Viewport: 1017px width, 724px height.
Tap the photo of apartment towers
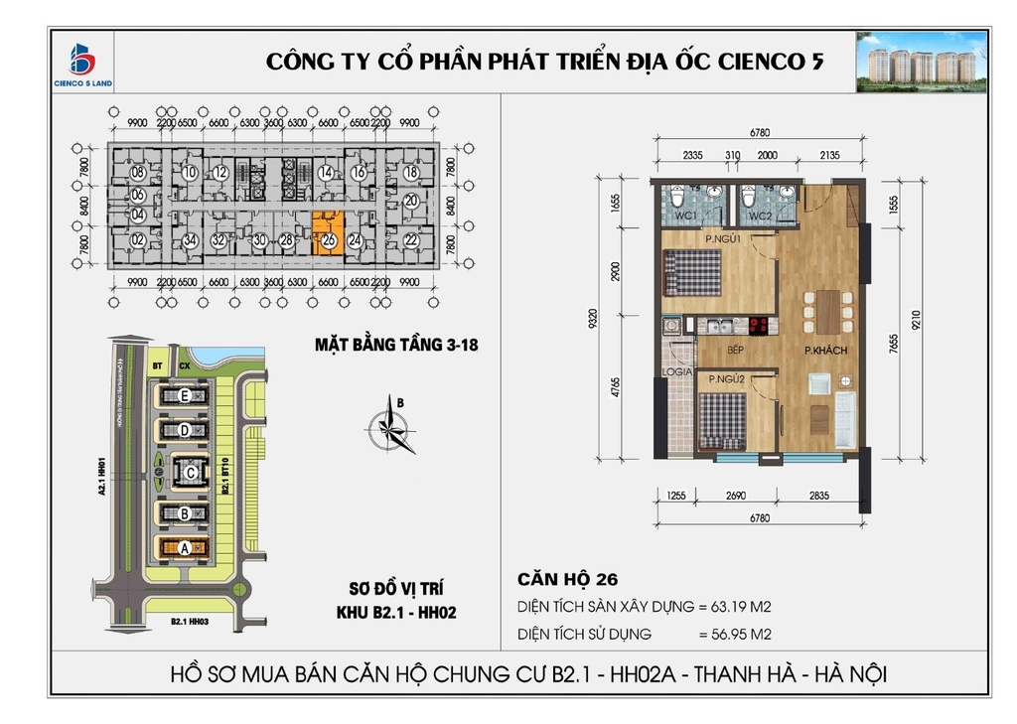922,62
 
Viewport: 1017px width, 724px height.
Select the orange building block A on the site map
184,547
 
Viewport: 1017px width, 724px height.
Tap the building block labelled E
184,396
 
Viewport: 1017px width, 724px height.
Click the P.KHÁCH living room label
823,350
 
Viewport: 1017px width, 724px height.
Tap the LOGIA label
677,371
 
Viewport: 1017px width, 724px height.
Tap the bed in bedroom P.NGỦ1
692,271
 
